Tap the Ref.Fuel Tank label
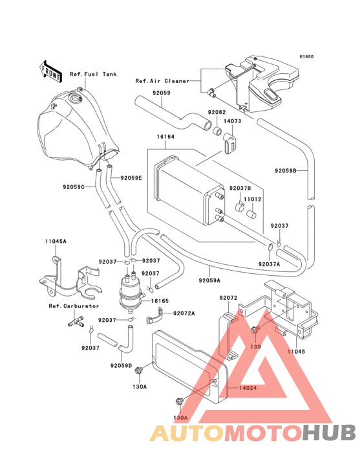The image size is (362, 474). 93,75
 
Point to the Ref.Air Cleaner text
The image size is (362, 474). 162,81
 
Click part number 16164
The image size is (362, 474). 165,137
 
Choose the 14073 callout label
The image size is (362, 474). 233,121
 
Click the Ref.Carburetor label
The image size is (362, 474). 72,305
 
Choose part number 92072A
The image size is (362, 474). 184,313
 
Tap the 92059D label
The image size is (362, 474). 121,366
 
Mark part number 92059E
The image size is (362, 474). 131,177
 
